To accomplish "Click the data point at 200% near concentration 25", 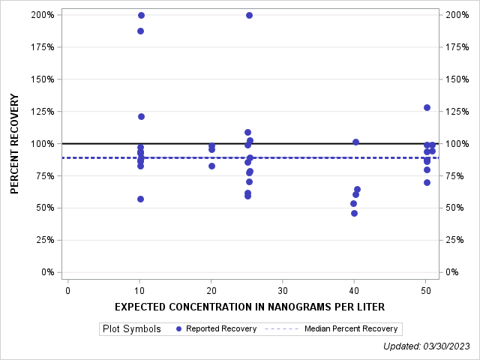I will pos(249,15).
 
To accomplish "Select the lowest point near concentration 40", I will pos(354,213).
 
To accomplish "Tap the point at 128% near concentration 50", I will pos(427,107).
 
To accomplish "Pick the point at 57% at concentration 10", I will pos(140,199).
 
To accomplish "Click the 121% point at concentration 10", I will pos(141,116).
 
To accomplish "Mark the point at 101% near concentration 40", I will pos(355,142).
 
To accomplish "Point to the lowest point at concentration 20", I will pos(211,166).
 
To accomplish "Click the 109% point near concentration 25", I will pos(247,132).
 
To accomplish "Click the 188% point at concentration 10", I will pos(140,31).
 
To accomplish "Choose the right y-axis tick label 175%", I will pos(458,47).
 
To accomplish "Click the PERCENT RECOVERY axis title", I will pos(15,143).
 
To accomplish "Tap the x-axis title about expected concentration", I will pos(250,307).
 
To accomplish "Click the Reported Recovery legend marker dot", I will pos(178,328).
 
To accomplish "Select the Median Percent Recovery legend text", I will pos(352,328).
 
